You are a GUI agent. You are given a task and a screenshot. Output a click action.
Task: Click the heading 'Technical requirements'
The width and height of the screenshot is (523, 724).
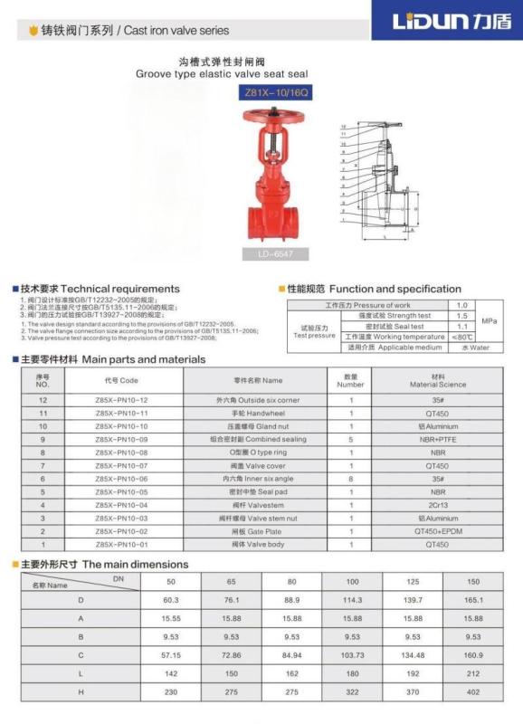click(100, 289)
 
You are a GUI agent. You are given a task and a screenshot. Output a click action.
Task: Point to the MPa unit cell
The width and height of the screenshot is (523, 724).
click(489, 320)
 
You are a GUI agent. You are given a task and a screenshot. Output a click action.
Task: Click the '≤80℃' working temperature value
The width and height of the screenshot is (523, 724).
click(461, 337)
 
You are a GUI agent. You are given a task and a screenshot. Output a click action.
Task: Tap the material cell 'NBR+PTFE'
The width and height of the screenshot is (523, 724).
click(437, 439)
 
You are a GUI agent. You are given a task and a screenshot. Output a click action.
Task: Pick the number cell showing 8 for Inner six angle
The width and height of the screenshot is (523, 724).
click(350, 479)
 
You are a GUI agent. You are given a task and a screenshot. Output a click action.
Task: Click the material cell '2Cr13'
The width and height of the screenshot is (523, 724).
click(437, 505)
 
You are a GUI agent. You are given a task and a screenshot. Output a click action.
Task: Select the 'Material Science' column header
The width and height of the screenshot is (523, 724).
click(437, 381)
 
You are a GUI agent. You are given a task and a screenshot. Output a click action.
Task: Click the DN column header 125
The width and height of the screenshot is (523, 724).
click(413, 580)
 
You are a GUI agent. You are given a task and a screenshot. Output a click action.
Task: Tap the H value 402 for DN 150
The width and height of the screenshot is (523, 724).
click(473, 691)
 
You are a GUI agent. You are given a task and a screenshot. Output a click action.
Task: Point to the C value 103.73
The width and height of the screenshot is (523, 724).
click(353, 653)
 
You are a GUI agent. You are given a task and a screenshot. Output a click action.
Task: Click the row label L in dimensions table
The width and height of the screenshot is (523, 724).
click(81, 672)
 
